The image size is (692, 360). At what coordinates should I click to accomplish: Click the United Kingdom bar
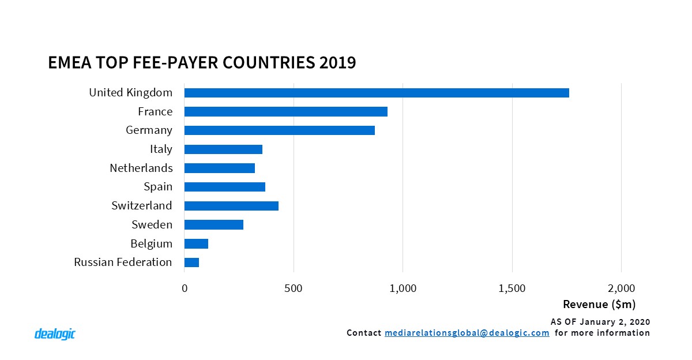click(x=377, y=93)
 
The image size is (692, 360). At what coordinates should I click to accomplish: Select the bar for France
click(x=285, y=112)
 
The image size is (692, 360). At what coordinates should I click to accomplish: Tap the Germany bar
click(x=279, y=130)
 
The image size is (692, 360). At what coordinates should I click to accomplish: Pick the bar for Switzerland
click(x=231, y=206)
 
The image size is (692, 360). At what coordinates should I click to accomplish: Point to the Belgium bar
click(x=196, y=243)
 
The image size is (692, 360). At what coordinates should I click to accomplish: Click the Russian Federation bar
click(x=191, y=262)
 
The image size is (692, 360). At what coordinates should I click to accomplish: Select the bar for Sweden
click(x=213, y=224)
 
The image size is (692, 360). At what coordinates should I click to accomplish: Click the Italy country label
click(x=161, y=149)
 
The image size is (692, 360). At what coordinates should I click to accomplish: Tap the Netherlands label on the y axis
click(x=141, y=168)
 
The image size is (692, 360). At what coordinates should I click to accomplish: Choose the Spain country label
click(x=158, y=187)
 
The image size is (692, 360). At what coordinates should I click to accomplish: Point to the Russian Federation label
click(x=123, y=262)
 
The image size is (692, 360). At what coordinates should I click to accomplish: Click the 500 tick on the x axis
click(x=294, y=288)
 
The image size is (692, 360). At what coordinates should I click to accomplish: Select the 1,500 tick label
click(x=512, y=288)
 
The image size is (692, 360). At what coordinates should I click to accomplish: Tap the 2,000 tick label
click(x=621, y=288)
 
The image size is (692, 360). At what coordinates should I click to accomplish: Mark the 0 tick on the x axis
click(x=185, y=288)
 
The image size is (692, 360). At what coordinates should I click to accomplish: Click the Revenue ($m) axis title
click(x=599, y=304)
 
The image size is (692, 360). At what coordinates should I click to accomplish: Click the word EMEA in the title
click(x=68, y=62)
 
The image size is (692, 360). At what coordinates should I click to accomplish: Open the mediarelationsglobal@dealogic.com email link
click(x=466, y=333)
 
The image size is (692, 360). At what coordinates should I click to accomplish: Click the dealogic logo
click(x=55, y=334)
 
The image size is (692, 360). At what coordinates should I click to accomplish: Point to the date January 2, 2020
click(x=611, y=321)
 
